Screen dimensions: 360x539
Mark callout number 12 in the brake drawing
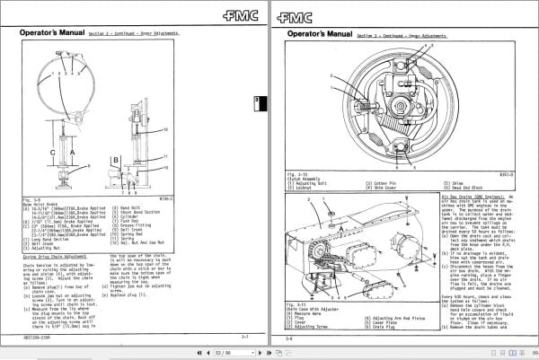[166, 131]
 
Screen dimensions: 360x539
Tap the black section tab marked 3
[255, 101]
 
